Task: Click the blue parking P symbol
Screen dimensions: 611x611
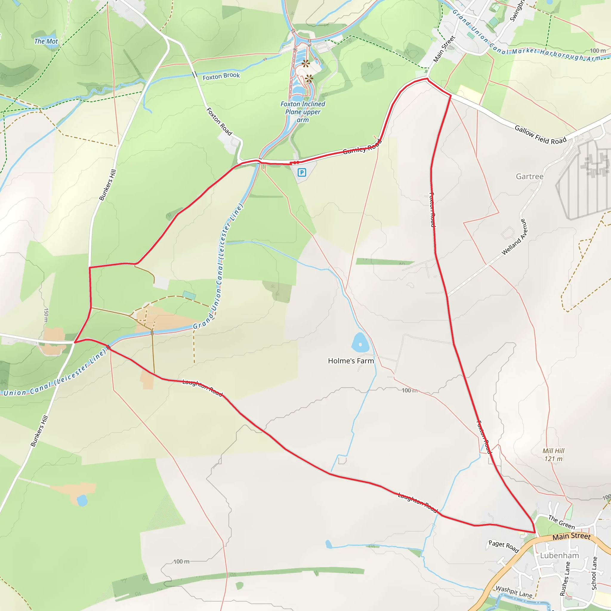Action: [x=302, y=172]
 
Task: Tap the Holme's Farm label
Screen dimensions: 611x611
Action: [x=351, y=361]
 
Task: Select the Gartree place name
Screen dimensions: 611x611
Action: [x=530, y=177]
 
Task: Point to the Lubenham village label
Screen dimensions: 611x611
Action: [x=559, y=556]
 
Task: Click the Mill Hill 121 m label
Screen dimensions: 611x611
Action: [x=553, y=455]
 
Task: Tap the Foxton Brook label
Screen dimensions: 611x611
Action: [x=221, y=76]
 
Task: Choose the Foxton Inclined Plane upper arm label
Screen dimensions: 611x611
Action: [x=303, y=112]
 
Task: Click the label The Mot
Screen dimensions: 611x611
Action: [x=46, y=41]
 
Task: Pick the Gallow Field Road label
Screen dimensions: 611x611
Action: [x=540, y=135]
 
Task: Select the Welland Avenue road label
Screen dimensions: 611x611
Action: [x=515, y=237]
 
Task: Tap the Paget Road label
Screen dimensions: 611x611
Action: [x=504, y=546]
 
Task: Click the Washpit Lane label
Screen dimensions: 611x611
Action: [x=514, y=592]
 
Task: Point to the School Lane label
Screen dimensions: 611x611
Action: [x=594, y=573]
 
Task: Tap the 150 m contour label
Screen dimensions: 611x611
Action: [x=46, y=315]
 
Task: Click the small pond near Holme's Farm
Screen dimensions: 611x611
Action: [x=360, y=342]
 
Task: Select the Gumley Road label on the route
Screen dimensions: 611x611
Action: [x=362, y=147]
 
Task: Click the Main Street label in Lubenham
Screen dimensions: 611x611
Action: [x=571, y=536]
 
